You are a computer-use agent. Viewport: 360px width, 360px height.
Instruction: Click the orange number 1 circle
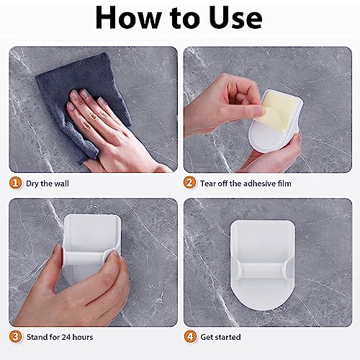15,184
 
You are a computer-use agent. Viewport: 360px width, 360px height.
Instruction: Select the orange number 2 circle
190,184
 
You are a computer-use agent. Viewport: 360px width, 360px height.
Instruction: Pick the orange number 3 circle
15,336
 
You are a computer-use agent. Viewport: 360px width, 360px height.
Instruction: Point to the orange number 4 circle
190,336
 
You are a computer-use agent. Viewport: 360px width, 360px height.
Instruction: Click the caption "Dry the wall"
48,184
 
